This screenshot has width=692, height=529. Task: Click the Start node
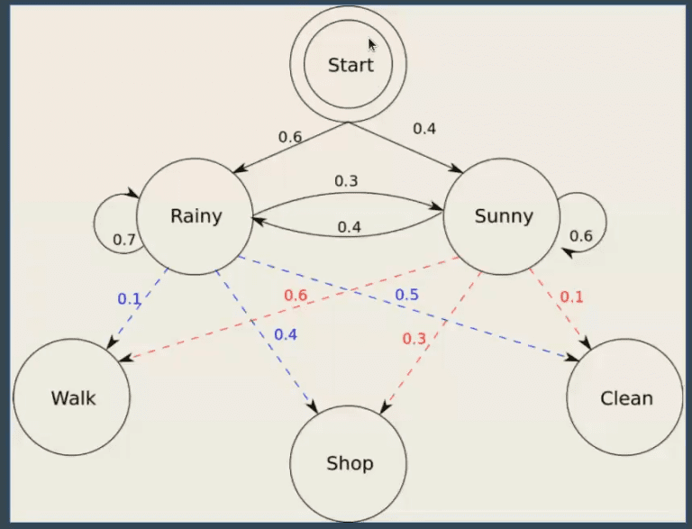349,65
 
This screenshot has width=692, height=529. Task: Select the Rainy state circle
196,216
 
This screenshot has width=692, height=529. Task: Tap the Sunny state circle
503,216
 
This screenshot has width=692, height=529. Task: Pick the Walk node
72,397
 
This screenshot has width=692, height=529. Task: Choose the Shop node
349,464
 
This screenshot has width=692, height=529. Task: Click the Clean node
625,397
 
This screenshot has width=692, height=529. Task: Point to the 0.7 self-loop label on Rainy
124,240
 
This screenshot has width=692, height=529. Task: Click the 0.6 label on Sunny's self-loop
581,236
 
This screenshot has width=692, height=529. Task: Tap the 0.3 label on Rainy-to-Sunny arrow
346,181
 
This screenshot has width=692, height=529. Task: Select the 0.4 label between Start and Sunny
424,128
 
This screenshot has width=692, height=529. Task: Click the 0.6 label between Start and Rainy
290,137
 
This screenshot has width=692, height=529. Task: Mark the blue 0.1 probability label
129,298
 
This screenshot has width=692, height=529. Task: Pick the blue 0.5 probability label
406,295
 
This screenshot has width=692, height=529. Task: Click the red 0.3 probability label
414,338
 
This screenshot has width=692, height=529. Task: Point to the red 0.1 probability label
571,296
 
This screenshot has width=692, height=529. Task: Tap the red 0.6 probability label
296,295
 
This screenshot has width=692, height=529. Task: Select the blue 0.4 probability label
286,334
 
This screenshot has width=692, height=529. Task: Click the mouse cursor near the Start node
372,45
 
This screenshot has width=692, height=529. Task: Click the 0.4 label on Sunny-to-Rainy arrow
349,227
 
